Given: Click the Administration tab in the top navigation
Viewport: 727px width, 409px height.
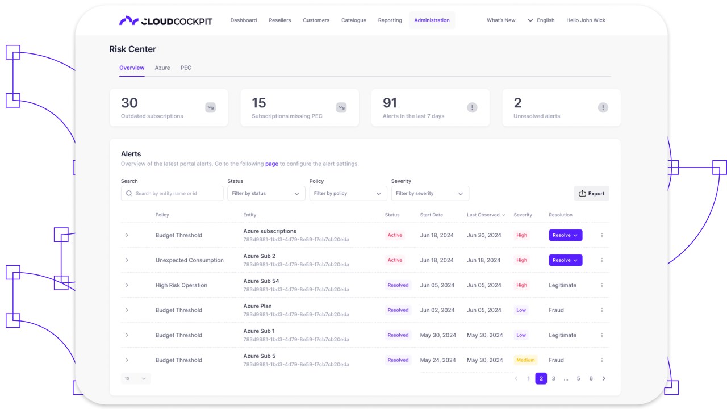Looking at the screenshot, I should [432, 20].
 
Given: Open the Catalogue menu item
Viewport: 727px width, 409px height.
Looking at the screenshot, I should [353, 20].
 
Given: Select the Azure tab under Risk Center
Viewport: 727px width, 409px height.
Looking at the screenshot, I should [162, 68].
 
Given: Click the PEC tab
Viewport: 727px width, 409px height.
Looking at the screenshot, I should [186, 68].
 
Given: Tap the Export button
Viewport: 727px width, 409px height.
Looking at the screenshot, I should [591, 194].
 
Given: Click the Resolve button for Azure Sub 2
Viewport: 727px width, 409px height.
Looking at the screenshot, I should [565, 260].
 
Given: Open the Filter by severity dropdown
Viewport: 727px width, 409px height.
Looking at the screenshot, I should [430, 194].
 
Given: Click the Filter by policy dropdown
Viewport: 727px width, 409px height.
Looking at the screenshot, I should [348, 194].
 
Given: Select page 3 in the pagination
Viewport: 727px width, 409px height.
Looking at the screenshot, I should [554, 378].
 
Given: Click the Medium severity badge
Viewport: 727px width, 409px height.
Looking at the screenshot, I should [525, 360].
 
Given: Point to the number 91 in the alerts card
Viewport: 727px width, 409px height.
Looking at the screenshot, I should [390, 103].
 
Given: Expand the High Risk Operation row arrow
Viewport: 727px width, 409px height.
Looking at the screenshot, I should [127, 285].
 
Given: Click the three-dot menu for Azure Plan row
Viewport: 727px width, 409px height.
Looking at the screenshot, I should [602, 310].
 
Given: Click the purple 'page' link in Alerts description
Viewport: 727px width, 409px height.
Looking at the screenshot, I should [271, 164].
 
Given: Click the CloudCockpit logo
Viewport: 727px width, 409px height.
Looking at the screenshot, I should [166, 21].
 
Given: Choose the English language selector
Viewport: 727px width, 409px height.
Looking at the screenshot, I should [541, 20].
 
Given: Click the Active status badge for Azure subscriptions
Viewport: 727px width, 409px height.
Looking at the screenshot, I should [395, 235].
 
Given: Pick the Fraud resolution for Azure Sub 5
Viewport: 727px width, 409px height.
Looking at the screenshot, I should [556, 360].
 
